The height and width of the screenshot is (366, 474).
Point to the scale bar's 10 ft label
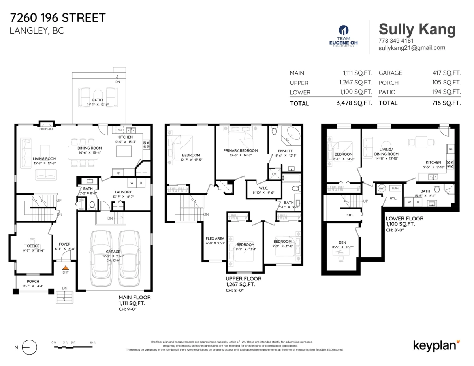(x=92, y=342)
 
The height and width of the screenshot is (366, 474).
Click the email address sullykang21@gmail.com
(x=412, y=48)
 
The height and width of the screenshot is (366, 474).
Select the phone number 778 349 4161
(x=396, y=41)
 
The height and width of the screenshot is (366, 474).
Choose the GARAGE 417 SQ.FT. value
(x=446, y=73)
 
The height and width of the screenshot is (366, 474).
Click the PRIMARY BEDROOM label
(x=240, y=150)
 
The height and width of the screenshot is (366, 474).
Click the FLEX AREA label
(x=215, y=238)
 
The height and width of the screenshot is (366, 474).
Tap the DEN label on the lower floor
(x=342, y=242)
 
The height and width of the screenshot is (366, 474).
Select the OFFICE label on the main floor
(x=33, y=246)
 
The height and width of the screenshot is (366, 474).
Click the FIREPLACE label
(x=47, y=129)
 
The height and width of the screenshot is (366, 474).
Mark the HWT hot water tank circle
(x=382, y=188)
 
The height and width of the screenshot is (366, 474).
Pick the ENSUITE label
(x=285, y=151)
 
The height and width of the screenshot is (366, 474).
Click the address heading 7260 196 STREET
(x=58, y=18)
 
